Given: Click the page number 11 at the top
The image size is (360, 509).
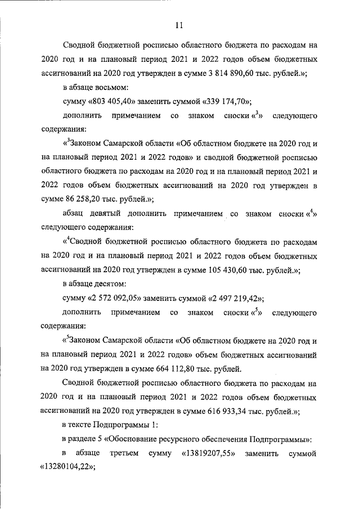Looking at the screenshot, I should tap(179, 25).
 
